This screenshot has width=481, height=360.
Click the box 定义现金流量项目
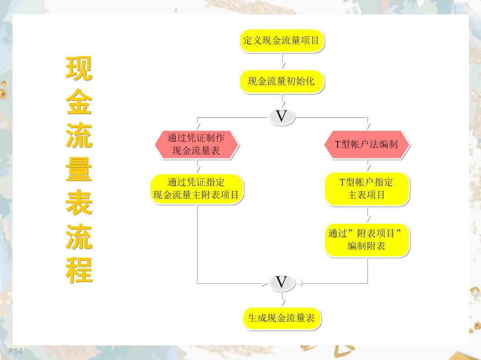click(282, 40)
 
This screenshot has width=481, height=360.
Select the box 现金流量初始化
click(282, 82)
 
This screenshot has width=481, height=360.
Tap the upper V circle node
click(282, 117)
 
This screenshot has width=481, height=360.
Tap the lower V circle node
click(282, 283)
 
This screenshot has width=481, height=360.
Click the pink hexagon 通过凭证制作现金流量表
click(197, 144)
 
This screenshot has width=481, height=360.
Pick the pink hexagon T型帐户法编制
click(367, 144)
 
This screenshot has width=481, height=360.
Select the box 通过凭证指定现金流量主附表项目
click(197, 189)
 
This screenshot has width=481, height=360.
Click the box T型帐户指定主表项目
click(367, 188)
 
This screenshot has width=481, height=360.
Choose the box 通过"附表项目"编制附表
click(367, 240)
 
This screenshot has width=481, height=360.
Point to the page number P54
click(15, 351)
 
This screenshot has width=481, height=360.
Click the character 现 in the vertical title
click(79, 69)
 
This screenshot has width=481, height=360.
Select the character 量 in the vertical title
click(79, 170)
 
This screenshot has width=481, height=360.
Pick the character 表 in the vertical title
click(79, 203)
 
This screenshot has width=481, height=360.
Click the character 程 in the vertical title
click(79, 270)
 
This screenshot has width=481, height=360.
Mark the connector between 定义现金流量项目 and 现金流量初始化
click(283, 61)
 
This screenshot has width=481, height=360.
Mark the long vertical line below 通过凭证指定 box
click(197, 245)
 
